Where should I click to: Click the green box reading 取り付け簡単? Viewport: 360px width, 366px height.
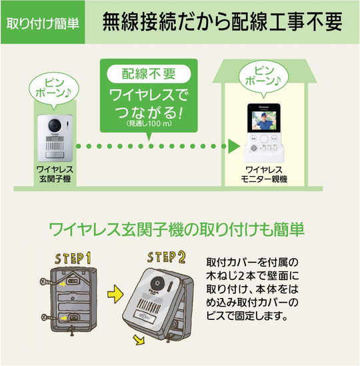coord(43,23)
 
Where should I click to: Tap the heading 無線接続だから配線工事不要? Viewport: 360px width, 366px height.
coord(222,22)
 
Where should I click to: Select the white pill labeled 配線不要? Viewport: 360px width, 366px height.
coord(149,74)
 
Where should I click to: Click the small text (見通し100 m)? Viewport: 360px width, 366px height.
coord(149,123)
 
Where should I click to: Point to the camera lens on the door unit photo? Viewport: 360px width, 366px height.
coord(55,125)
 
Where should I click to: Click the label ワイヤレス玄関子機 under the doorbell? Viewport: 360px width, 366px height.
coord(55,174)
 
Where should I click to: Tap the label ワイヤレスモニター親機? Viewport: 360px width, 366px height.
coord(264,175)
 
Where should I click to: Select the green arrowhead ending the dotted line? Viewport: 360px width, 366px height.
coord(234,147)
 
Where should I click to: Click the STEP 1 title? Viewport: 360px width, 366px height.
coord(73,258)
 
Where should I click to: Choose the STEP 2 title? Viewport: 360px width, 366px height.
coord(166,257)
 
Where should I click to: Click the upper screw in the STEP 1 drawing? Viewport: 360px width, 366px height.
coord(47,282)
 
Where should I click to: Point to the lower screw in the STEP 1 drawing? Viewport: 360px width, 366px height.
coord(49,317)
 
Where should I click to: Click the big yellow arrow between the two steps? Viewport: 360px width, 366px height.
coord(115,294)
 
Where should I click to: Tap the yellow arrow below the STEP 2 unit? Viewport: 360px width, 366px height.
coord(139,339)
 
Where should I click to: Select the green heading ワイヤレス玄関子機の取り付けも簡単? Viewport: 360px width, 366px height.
coord(177,229)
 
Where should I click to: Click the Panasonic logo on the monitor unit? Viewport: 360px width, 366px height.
coord(264,107)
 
